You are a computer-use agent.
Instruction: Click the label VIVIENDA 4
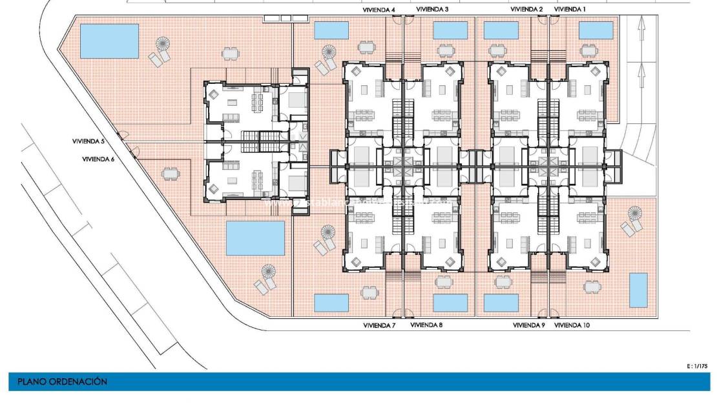click(379, 10)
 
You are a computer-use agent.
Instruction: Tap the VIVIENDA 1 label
click(570, 10)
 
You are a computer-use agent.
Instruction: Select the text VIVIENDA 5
click(88, 141)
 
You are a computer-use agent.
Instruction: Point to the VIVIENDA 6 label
click(98, 159)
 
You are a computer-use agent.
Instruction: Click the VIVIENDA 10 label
click(572, 325)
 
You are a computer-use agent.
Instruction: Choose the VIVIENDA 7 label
click(379, 325)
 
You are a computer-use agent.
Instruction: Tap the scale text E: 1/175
click(697, 366)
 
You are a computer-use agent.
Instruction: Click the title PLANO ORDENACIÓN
click(63, 382)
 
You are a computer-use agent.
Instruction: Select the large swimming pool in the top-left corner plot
click(109, 41)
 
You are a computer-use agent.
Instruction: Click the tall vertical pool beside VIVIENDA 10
click(638, 290)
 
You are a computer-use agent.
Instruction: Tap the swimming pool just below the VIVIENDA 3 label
click(450, 30)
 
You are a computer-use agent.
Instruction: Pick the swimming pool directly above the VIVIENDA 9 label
click(501, 303)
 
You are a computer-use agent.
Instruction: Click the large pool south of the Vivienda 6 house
click(255, 238)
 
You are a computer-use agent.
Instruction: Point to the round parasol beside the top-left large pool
click(164, 45)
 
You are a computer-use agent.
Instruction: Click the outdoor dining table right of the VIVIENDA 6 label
click(170, 174)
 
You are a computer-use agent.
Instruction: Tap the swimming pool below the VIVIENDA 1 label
click(596, 30)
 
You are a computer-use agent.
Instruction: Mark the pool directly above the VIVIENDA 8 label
click(450, 303)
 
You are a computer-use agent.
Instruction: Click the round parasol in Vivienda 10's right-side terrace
click(636, 213)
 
